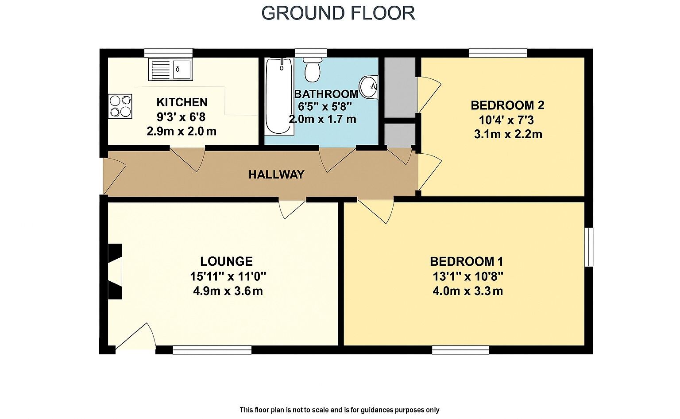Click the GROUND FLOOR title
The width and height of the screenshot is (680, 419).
pos(338,13)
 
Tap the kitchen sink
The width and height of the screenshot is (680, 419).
pos(170,69)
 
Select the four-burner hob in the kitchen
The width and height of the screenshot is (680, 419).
pos(120,106)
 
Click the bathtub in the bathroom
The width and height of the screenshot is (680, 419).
pos(279,96)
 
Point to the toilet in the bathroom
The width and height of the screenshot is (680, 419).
pos(313,69)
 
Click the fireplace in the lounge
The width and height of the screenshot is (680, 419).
pos(116,271)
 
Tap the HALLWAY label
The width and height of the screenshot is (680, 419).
pos(276,175)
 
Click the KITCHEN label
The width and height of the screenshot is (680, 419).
pos(182,102)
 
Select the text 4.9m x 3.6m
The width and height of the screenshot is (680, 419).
pos(228,291)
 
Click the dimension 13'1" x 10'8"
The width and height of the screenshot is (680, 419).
pos(468,276)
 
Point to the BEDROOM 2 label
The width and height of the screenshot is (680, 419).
pos(507,105)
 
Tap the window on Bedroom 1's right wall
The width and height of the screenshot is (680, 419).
pos(588,247)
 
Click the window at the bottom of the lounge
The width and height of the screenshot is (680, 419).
pos(212,350)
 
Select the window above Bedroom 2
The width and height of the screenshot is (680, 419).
pos(498,53)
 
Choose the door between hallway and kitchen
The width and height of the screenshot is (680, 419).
pos(187,158)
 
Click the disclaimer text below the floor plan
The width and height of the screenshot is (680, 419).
pos(340,410)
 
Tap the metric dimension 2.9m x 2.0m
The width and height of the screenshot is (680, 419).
pos(182,132)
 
